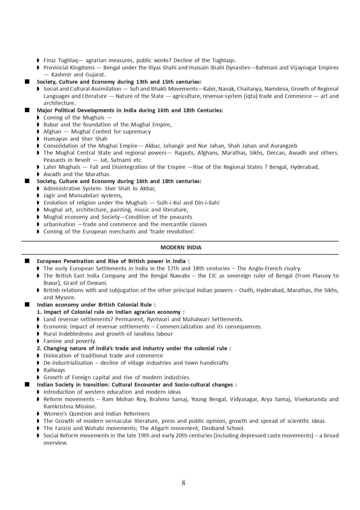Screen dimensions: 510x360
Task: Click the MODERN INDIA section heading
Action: [x=181, y=248]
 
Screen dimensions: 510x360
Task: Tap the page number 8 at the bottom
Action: [x=183, y=483]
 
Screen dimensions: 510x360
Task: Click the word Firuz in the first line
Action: [x=50, y=60]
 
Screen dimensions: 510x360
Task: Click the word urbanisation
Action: [x=59, y=224]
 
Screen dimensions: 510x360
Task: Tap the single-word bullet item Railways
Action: [x=54, y=370]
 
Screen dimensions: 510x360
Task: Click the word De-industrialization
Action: [x=68, y=363]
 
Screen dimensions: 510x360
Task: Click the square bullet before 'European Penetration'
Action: [x=27, y=261]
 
